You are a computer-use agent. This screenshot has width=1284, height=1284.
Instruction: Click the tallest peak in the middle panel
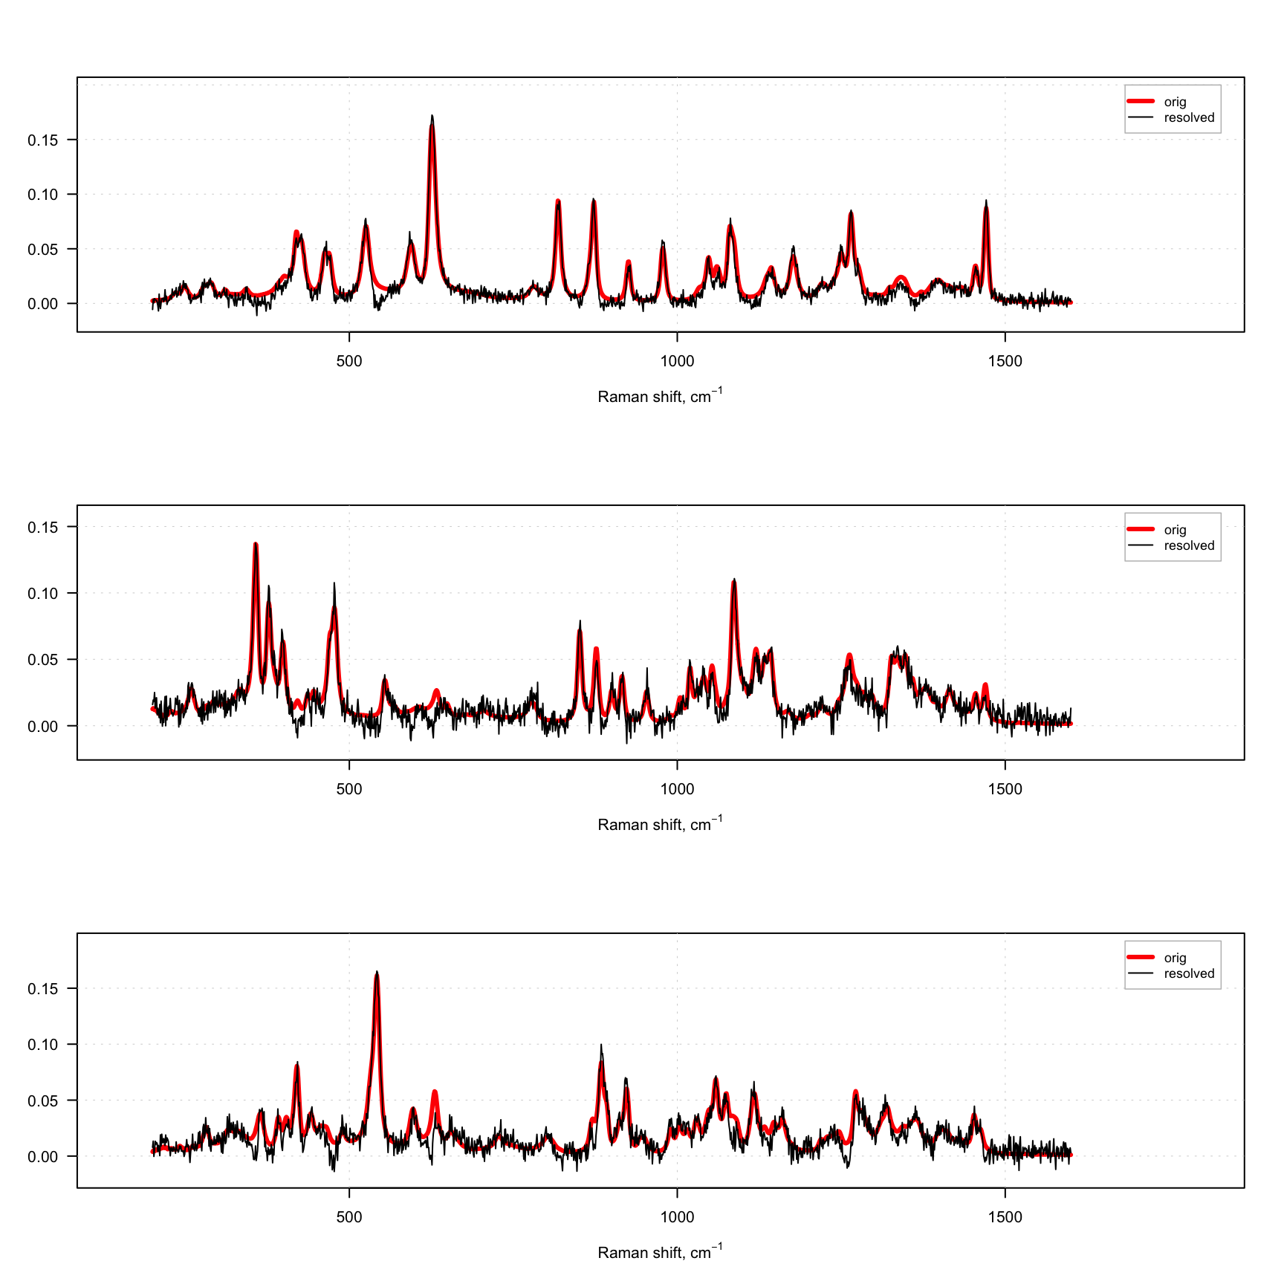coord(256,545)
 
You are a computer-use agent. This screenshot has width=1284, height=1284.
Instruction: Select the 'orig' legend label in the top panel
coord(1175,102)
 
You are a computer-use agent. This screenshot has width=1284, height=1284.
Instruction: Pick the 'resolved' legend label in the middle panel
coord(1189,545)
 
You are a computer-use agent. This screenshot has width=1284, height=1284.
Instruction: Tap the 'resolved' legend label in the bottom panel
coord(1189,973)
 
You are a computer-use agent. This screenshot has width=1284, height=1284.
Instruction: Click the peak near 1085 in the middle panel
coord(734,580)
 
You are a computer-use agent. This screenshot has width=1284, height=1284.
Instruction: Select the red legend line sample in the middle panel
coord(1141,529)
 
